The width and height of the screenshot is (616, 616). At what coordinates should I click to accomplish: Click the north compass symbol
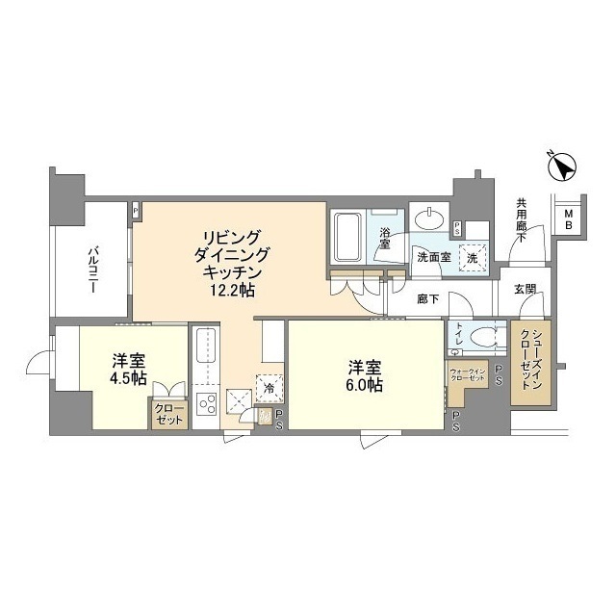561,167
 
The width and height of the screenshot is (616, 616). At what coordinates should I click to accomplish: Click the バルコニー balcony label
93,261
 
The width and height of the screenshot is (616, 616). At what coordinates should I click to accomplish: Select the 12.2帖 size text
229,290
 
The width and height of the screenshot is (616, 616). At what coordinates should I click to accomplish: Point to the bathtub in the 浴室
347,238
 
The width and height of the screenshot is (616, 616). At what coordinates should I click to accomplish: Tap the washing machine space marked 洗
472,257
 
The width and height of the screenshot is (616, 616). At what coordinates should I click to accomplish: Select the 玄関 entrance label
525,290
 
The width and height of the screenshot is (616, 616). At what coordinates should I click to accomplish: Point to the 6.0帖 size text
367,385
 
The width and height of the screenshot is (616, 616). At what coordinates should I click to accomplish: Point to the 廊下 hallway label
428,299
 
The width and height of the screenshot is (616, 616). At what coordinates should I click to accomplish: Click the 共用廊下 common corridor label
520,218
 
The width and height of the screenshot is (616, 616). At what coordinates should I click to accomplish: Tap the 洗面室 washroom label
433,258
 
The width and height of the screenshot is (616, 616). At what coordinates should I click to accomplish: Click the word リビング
229,237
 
